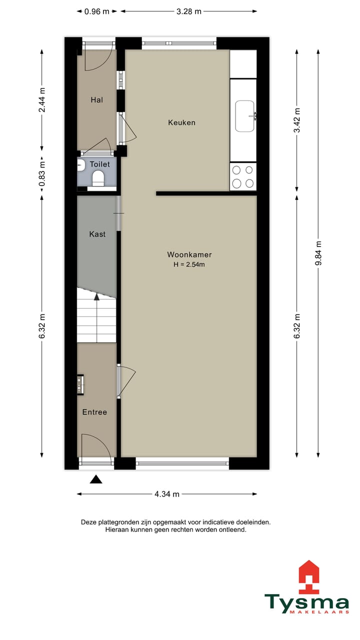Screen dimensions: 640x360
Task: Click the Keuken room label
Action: [x=181, y=122]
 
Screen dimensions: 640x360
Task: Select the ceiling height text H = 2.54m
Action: [x=189, y=264]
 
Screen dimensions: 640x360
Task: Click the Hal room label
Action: [x=96, y=100]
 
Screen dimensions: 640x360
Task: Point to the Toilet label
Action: [x=99, y=164]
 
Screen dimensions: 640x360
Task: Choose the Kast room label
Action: [x=97, y=234]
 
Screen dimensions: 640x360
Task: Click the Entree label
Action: [x=94, y=412]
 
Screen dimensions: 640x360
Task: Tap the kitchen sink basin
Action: [x=244, y=116]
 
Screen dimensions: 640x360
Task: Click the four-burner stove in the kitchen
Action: [x=243, y=176]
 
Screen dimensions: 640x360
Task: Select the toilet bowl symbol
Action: [x=98, y=178]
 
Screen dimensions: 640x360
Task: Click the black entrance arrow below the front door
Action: [x=96, y=480]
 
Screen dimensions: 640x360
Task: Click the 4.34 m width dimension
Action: [x=166, y=494]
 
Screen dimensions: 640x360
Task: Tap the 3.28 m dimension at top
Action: [x=189, y=11]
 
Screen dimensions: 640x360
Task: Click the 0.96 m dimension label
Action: [x=96, y=11]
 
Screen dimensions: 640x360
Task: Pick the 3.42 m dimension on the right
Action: [x=297, y=120]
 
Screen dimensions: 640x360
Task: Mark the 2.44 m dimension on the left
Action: [x=42, y=100]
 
